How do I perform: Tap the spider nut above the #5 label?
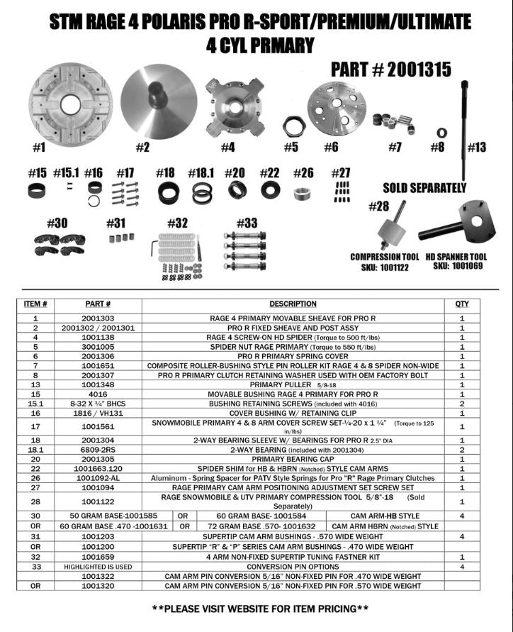(x=293, y=127)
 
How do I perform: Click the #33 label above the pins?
(x=246, y=223)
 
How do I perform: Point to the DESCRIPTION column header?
(x=293, y=304)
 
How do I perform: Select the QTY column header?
(x=462, y=304)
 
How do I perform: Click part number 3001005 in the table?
(x=98, y=347)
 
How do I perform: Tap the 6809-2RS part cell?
(x=98, y=450)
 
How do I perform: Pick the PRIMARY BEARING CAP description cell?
(x=293, y=459)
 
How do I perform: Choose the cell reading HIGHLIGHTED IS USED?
(x=98, y=567)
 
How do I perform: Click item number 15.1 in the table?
(x=36, y=403)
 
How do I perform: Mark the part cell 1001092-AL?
(x=98, y=478)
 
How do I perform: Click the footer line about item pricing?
(x=260, y=609)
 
